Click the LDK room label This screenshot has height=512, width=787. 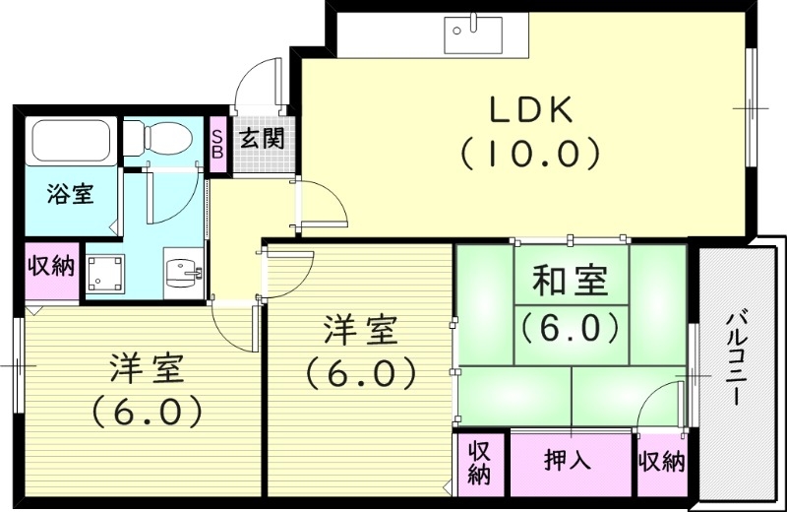[530, 110]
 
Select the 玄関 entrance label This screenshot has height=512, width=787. [261, 139]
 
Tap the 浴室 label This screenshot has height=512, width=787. [70, 194]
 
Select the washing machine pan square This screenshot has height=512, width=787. [106, 273]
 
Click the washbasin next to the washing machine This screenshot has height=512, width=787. [181, 271]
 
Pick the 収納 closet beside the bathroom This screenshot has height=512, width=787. [50, 266]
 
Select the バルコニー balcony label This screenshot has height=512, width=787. [735, 360]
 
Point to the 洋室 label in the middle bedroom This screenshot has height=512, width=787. [361, 331]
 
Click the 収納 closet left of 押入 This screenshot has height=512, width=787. [479, 463]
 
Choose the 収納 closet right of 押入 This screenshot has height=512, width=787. [661, 462]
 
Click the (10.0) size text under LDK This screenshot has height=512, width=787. [529, 153]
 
